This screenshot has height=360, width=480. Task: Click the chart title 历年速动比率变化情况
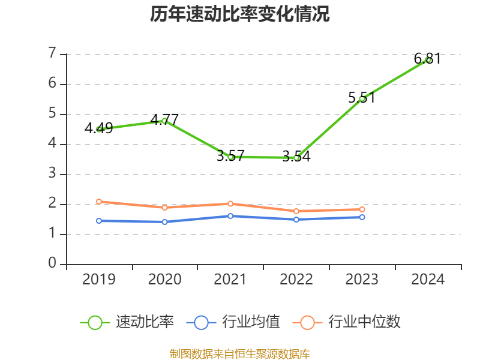pos(240,14)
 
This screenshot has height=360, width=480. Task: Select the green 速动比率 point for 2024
pos(428,59)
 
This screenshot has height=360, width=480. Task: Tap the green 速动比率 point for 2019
pos(99,129)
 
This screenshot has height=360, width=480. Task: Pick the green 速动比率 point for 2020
pos(164,121)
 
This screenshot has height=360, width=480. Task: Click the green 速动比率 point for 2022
pos(296,158)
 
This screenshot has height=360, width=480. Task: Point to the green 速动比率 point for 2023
pos(362,98)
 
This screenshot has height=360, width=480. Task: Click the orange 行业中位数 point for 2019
pos(99,202)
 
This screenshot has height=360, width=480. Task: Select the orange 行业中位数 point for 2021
pos(230,204)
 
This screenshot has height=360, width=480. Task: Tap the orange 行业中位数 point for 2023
pos(362,209)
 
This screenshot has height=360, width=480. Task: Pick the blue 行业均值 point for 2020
pos(164,222)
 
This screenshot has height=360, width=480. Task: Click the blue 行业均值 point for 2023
pos(362,217)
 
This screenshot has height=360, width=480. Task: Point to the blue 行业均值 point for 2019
pos(99,221)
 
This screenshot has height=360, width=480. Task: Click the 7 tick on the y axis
pos(52,54)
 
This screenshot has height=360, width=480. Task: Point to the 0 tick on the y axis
pos(52,264)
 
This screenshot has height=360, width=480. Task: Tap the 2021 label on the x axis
pos(230,280)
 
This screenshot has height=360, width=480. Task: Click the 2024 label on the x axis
pos(428,280)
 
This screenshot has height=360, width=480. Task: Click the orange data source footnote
pos(240,354)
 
